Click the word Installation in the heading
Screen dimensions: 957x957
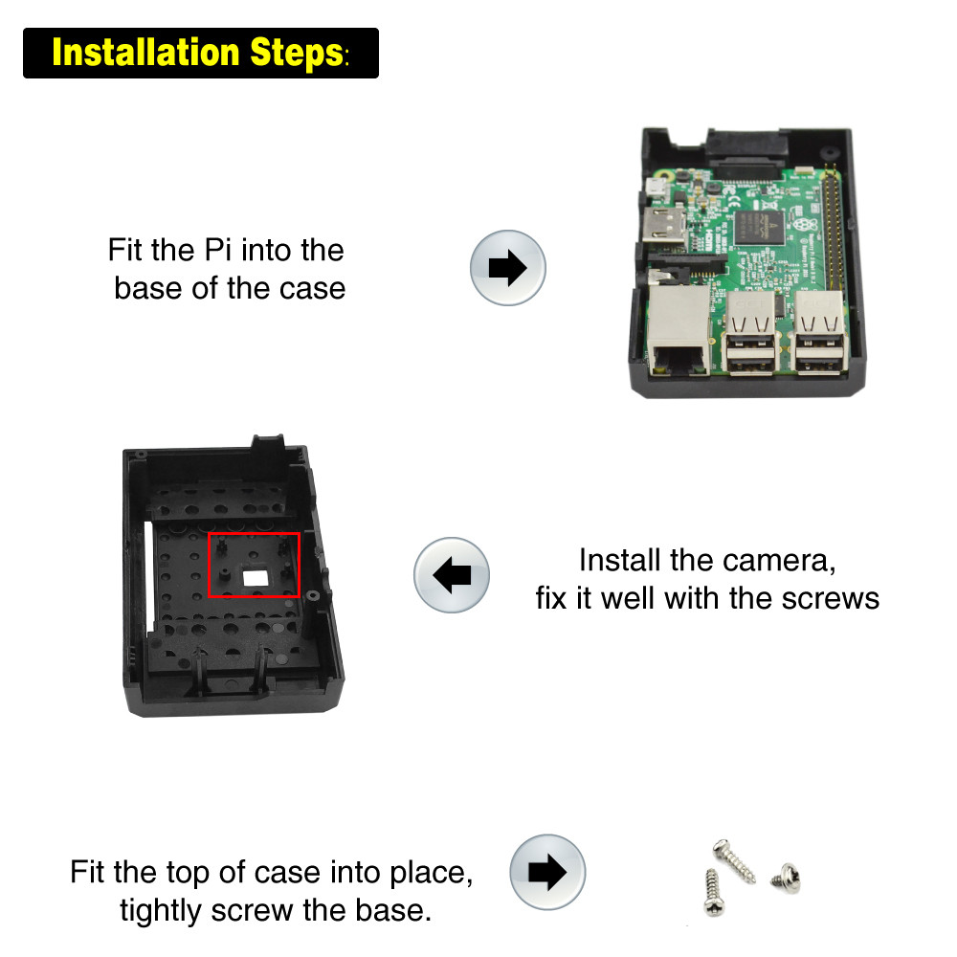click(x=145, y=53)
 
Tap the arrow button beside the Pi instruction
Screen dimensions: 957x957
click(x=507, y=267)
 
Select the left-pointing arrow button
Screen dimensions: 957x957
click(x=451, y=574)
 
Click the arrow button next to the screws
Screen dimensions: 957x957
click(x=546, y=872)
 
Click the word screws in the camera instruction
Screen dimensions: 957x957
click(x=831, y=598)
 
